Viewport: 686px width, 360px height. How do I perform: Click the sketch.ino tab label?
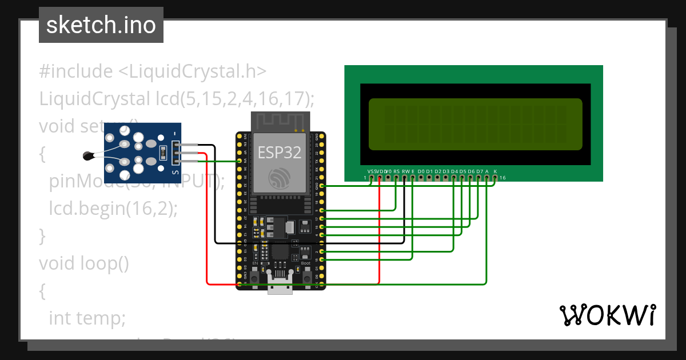point(101,25)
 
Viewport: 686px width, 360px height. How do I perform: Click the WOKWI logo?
point(607,315)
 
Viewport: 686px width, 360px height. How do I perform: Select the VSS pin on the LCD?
point(372,177)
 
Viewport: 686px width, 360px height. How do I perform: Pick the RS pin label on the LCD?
point(396,171)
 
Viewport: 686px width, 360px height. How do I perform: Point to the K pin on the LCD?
point(495,177)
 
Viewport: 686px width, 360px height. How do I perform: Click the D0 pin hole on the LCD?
point(421,177)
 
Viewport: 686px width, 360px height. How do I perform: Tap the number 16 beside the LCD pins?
point(502,178)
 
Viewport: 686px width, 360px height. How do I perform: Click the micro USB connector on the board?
point(280,287)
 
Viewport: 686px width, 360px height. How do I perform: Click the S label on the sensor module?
point(175,172)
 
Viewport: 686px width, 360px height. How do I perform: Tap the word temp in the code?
point(105,318)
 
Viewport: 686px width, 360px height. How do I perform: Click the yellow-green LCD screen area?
point(475,124)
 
